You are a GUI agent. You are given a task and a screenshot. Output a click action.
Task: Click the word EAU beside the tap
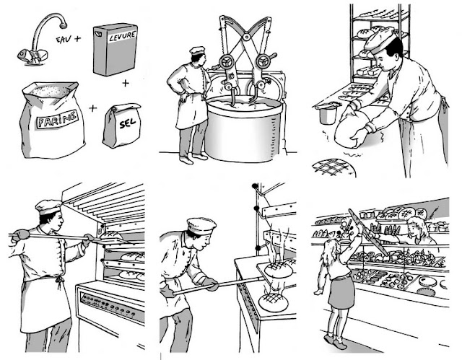coord(64,39)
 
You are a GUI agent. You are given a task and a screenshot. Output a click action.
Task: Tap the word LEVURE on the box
coord(123,37)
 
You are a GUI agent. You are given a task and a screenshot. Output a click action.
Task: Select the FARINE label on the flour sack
coord(57,119)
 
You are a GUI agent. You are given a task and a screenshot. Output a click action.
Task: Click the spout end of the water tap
coord(63,25)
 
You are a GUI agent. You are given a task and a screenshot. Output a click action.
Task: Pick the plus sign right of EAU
coord(77,38)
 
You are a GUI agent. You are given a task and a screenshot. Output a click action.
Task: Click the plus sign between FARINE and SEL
coord(93,108)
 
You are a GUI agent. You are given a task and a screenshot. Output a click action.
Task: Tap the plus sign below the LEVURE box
coord(126,83)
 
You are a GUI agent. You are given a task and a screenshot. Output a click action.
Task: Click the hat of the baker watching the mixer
coord(197,51)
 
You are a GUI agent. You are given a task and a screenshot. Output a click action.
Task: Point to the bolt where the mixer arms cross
coord(247,37)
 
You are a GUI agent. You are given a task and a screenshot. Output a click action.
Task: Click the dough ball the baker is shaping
coord(352,129)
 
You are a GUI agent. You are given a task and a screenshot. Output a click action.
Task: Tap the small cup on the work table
coord(327,113)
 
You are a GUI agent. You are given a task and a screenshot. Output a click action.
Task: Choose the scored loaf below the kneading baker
coord(334,168)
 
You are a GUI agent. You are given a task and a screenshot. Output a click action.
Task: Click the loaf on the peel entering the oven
coord(111,235)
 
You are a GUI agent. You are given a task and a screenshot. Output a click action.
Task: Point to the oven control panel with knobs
coord(113,307)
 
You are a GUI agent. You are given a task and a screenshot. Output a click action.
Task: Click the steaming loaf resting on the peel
coord(279,269)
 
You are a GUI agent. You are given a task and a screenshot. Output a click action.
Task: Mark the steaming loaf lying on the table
coord(273,302)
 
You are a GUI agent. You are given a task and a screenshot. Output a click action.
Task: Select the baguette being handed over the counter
coord(368,232)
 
